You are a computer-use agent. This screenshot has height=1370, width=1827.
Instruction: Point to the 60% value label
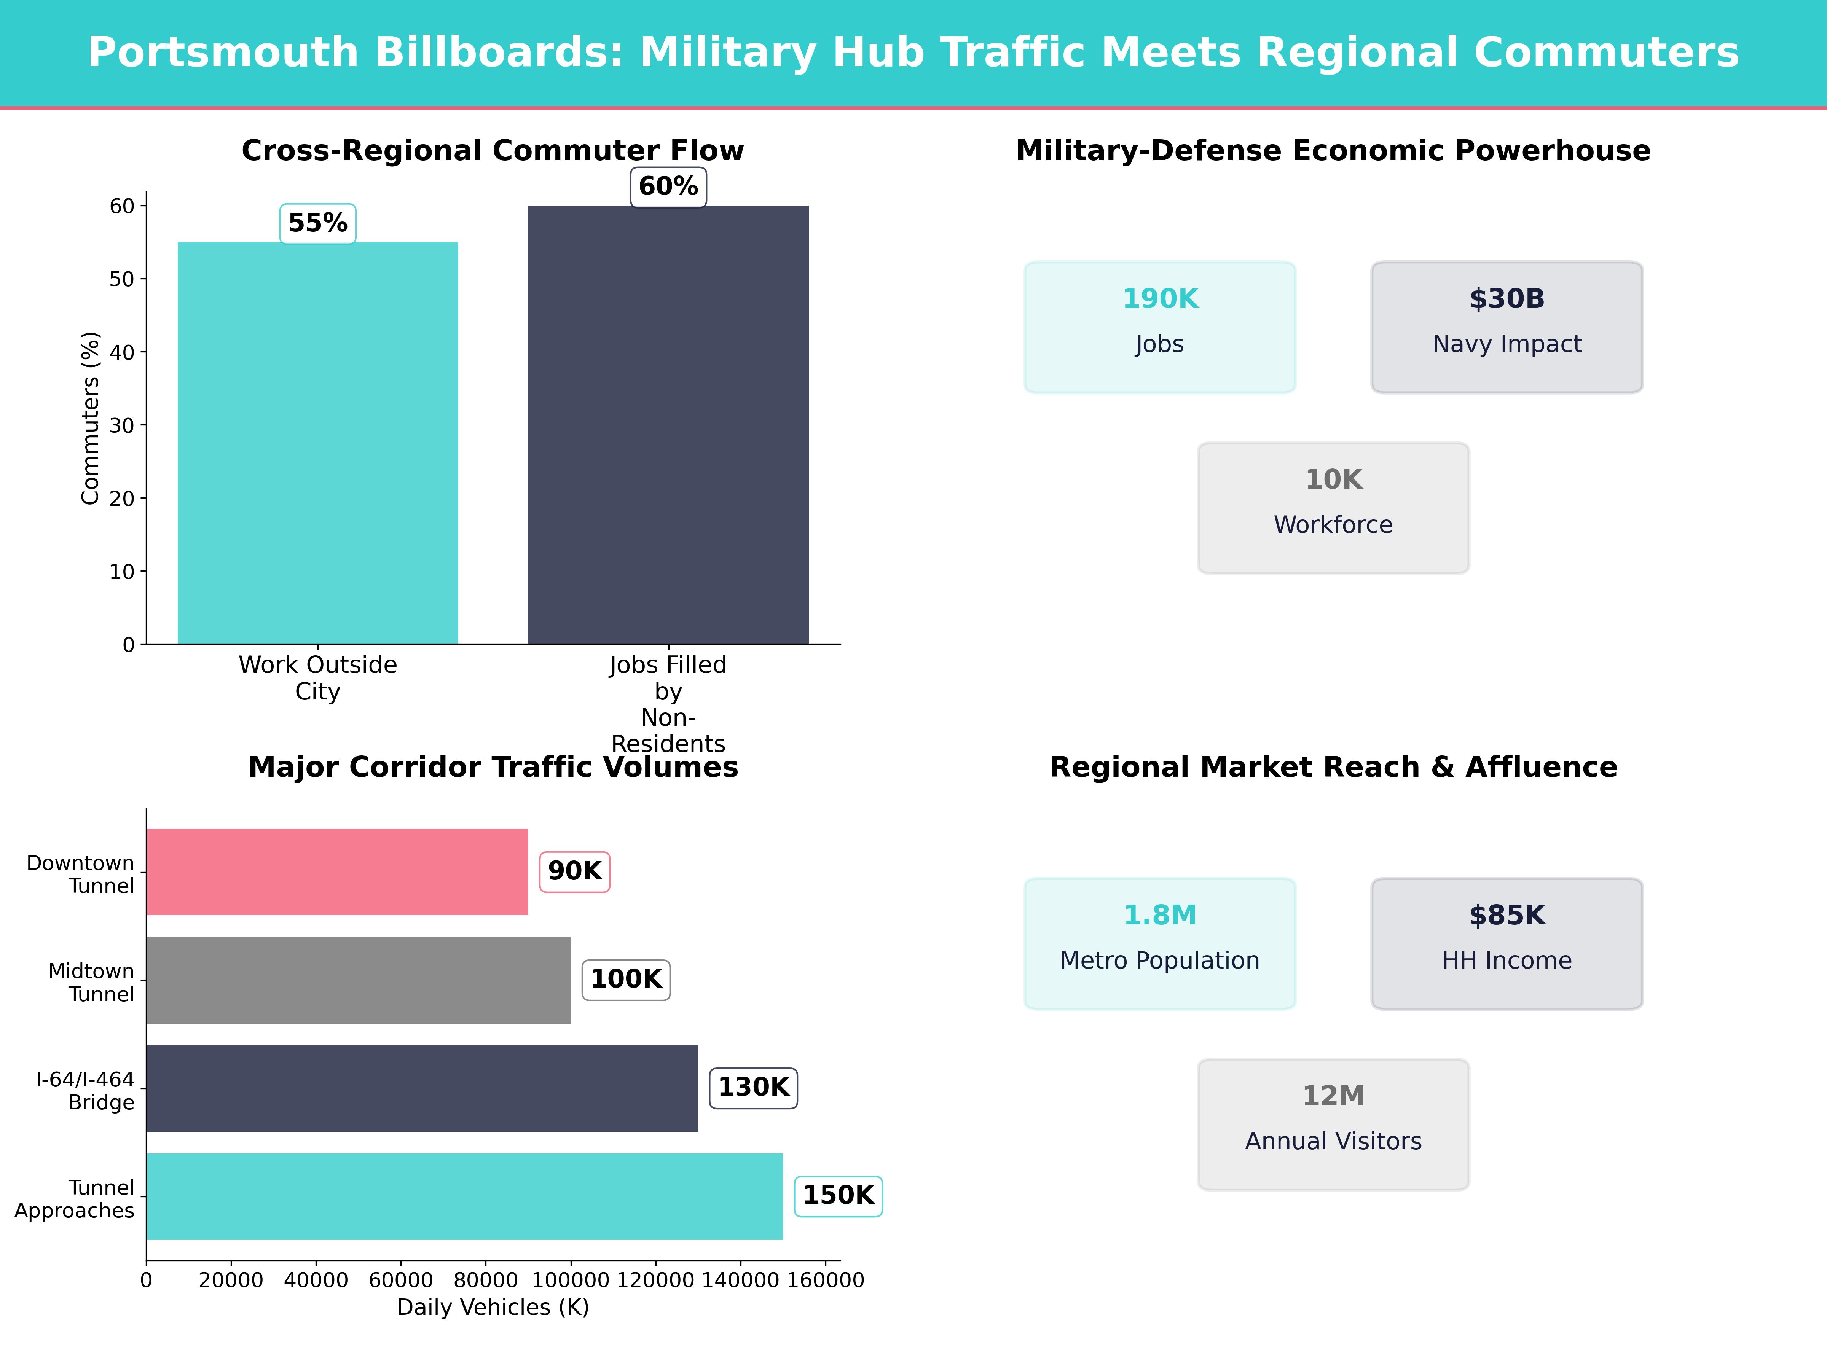[x=668, y=186]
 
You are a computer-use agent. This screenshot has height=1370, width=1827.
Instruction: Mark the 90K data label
[x=575, y=871]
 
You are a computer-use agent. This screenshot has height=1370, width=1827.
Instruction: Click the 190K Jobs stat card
[x=1160, y=327]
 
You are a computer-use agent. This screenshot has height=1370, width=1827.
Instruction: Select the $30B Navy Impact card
[x=1507, y=327]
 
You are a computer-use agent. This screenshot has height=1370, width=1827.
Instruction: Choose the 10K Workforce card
[x=1333, y=508]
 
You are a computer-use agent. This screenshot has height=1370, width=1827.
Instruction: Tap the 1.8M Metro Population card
[x=1160, y=943]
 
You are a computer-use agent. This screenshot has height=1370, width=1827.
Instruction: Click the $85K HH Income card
[x=1507, y=943]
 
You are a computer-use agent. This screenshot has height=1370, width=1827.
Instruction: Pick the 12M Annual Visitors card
[x=1333, y=1124]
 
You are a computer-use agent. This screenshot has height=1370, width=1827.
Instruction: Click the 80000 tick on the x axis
[x=486, y=1280]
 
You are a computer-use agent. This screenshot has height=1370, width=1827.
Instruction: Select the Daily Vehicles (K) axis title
[x=493, y=1307]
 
